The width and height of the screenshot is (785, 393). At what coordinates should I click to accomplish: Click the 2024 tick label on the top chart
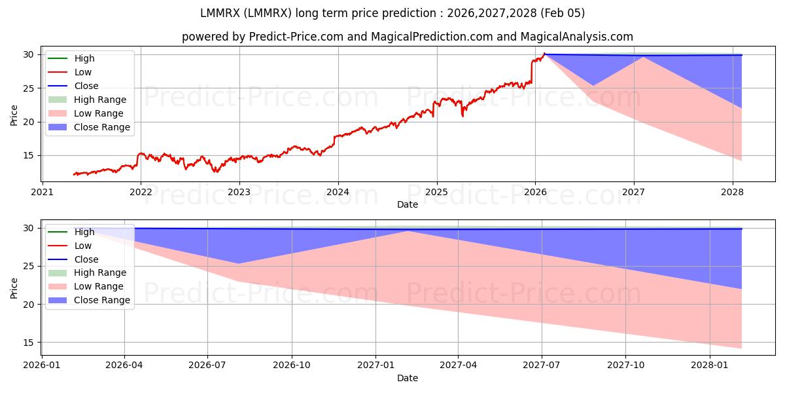(338, 192)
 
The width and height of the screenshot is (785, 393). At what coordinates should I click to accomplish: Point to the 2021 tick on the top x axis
(42, 192)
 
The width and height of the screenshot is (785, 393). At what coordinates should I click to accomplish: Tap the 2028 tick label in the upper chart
(732, 192)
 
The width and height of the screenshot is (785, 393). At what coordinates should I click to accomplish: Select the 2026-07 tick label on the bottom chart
(207, 364)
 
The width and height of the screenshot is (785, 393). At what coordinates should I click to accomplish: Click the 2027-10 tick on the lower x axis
(625, 364)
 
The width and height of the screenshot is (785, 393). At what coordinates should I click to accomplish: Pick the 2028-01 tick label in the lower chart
(709, 364)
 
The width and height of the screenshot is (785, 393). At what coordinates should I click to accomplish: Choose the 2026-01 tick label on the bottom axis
(42, 364)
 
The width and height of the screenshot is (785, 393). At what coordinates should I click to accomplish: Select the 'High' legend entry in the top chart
(84, 58)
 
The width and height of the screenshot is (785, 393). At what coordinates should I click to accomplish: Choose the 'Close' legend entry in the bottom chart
(86, 259)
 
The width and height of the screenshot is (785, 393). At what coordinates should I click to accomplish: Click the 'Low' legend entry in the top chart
(83, 72)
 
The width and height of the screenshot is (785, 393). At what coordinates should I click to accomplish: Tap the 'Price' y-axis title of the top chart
(14, 115)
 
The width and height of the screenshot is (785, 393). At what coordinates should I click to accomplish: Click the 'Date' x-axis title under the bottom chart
(408, 378)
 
